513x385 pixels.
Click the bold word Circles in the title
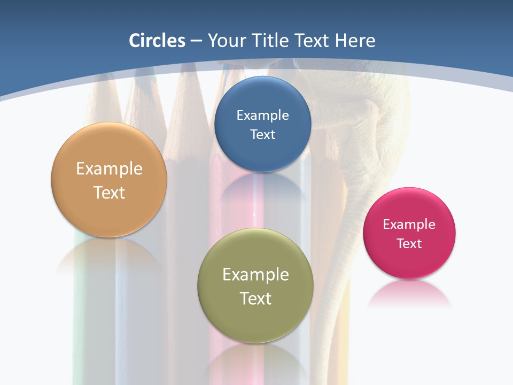pos(157,41)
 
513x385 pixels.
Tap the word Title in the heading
pos(270,41)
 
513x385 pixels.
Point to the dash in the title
pos(196,41)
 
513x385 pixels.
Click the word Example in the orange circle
pos(109,168)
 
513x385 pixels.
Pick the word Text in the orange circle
pos(109,192)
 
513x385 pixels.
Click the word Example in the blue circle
pos(262,115)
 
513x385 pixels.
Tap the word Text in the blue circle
pos(262,134)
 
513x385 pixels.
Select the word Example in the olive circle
pos(255,274)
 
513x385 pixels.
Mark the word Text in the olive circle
pos(255,298)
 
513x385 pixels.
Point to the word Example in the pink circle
pos(409,224)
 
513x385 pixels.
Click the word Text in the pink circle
pos(409,243)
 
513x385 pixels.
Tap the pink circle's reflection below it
pos(409,294)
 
